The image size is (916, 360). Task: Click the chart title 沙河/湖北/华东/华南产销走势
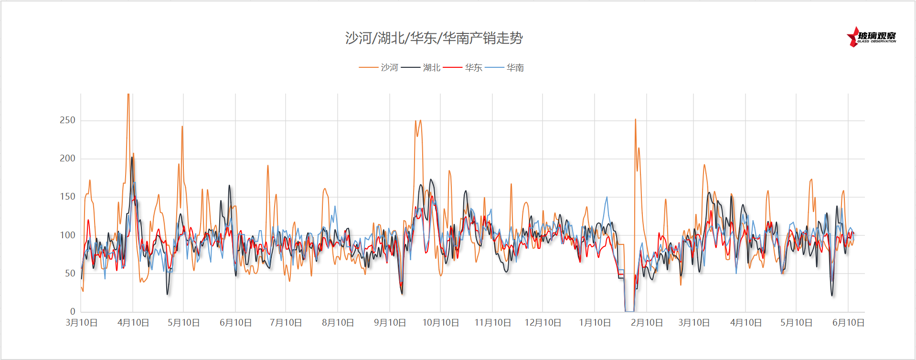(434, 38)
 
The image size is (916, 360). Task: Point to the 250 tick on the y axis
(67, 120)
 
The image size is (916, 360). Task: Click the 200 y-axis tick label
(67, 159)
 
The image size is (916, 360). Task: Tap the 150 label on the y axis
(67, 197)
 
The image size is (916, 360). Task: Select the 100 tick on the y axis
(67, 235)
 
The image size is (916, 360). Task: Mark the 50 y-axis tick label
(70, 274)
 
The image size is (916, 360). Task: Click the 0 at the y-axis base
(73, 312)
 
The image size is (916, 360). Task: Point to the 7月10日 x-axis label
(286, 323)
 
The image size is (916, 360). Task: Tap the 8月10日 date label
(338, 323)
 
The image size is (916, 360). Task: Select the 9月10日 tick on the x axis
(390, 323)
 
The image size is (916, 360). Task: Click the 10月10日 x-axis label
(440, 323)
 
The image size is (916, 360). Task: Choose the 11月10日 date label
(492, 323)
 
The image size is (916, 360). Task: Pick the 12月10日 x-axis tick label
(543, 323)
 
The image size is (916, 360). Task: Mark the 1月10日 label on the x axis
(595, 323)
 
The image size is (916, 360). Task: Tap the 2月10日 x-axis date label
(647, 323)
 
